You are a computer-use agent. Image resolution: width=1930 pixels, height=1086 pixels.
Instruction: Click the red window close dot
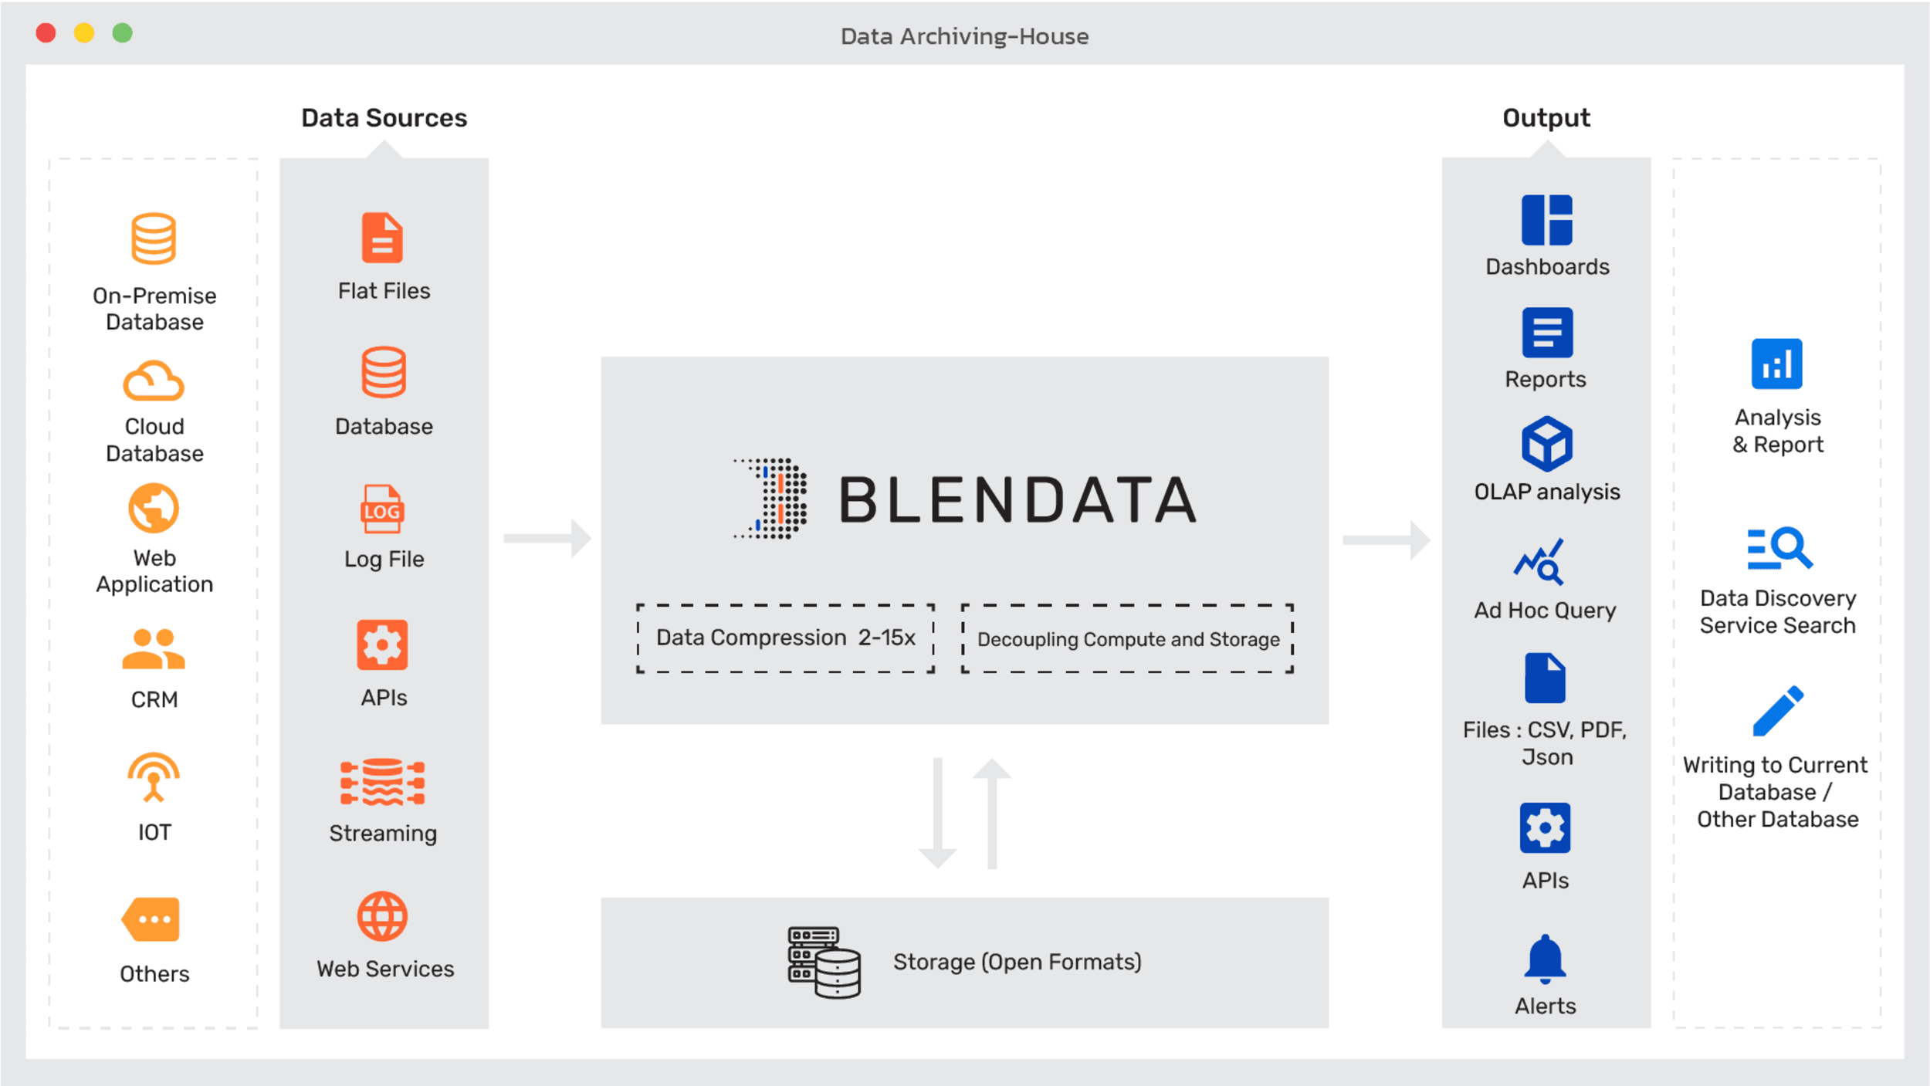pos(46,33)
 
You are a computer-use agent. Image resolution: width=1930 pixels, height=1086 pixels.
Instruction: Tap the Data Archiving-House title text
pos(964,36)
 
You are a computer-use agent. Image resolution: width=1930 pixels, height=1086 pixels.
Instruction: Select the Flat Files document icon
pos(382,238)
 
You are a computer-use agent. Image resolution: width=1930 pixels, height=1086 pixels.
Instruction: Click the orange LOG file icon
pos(382,509)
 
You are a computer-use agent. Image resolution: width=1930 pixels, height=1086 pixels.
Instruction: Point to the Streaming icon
pos(382,782)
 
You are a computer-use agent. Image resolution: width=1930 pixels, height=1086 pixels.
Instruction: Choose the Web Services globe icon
pos(382,917)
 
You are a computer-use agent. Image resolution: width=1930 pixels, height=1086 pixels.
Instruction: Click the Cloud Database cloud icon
pos(154,381)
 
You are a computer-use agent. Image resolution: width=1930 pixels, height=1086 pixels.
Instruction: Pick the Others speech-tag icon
pos(151,919)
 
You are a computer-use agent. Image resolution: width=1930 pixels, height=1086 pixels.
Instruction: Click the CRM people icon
pos(154,648)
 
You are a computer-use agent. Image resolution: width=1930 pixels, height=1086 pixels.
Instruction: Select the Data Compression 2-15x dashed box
pos(785,638)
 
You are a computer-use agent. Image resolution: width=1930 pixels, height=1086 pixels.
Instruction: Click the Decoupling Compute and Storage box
pos(1127,639)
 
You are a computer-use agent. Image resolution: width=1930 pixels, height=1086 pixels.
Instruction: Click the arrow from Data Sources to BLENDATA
pos(547,538)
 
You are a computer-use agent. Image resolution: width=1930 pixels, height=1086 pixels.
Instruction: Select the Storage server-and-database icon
pos(824,963)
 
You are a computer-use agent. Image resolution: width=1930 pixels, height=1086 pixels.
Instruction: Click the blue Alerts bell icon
pos(1545,959)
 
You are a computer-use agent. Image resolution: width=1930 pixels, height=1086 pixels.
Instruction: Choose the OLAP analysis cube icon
pos(1546,444)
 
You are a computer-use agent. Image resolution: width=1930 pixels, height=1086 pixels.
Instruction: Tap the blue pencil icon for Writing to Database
pos(1777,711)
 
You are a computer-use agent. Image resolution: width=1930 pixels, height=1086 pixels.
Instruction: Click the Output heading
pos(1546,118)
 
